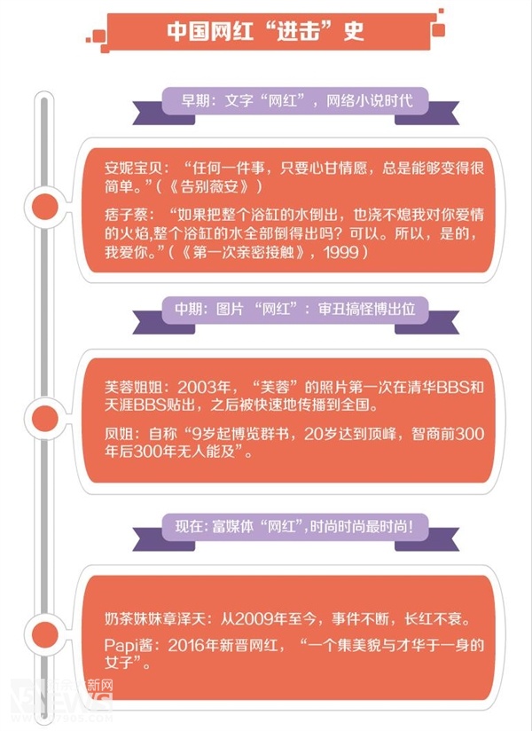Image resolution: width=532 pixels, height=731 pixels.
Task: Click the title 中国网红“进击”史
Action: coord(265,31)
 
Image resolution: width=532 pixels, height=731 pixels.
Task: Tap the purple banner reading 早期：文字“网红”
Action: coord(295,101)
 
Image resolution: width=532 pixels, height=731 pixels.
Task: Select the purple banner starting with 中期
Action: coord(295,309)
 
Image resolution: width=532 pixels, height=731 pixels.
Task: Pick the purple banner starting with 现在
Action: coord(295,527)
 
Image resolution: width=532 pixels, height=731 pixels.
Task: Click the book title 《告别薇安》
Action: coord(208,186)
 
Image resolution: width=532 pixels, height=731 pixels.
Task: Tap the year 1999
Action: coord(341,252)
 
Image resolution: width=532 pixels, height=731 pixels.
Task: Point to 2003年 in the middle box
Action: coord(204,388)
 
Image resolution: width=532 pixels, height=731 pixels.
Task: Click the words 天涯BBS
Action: coord(136,405)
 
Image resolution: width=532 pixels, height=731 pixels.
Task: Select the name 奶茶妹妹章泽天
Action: coord(154,618)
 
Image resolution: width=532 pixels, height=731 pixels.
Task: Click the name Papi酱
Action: coord(128,646)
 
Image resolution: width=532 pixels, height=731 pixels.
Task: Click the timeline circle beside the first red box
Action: coord(44,206)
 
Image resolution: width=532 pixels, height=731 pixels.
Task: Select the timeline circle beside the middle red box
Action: coord(44,418)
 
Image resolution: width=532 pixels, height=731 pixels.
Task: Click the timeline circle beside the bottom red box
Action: coord(44,634)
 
